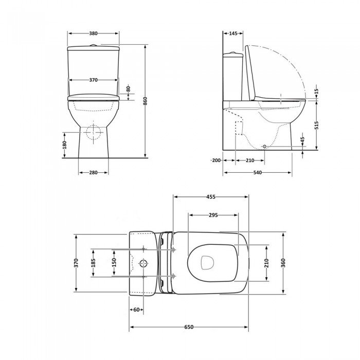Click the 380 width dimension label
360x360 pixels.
point(93,33)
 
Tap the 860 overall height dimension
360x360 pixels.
point(145,101)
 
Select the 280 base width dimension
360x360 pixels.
point(93,172)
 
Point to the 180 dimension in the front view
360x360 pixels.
point(64,145)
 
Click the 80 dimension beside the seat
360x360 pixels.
point(129,88)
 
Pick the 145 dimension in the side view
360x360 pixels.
point(233,33)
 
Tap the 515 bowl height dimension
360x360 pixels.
point(316,125)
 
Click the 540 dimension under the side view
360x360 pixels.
point(258,172)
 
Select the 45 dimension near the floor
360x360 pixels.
point(302,140)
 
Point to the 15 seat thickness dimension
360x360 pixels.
point(316,92)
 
